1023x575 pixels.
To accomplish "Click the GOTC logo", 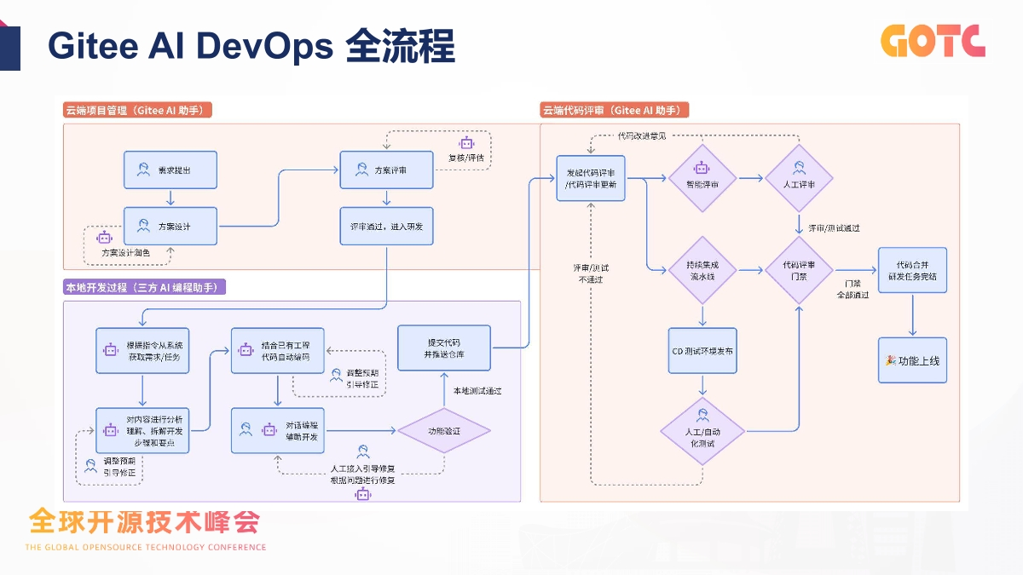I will click(x=933, y=40).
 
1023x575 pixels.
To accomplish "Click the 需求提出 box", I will click(x=170, y=170).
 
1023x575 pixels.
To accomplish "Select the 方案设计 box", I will click(x=170, y=227).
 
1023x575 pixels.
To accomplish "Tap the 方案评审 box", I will click(x=387, y=170).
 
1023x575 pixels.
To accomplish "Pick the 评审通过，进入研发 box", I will click(x=387, y=227).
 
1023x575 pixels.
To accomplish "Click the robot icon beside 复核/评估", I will click(x=466, y=143).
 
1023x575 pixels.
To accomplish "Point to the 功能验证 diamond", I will click(x=444, y=432).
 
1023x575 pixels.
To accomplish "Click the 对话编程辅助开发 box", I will click(x=277, y=431).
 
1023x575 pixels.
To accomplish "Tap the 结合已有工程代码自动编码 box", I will click(x=277, y=349).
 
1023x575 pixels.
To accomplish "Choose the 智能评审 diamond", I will click(x=702, y=178).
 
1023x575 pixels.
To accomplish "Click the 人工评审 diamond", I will click(x=799, y=178).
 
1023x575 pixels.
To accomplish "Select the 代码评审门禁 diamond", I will click(x=799, y=270).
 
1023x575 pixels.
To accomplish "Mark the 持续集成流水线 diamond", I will click(x=702, y=270).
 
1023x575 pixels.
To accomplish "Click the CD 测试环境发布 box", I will click(x=702, y=351).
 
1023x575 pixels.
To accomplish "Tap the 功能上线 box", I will click(x=912, y=360).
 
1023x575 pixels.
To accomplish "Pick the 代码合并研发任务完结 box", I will click(x=912, y=270).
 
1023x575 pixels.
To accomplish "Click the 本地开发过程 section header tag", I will click(x=145, y=288).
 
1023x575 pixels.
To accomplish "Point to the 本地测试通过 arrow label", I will click(x=477, y=391).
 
